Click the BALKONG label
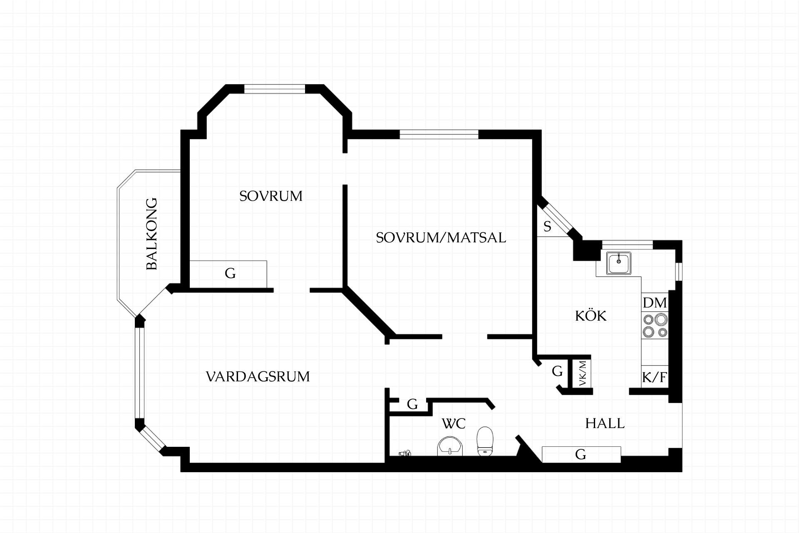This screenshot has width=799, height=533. point(152,234)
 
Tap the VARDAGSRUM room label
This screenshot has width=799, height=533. point(258,376)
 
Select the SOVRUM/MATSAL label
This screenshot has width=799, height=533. point(441,238)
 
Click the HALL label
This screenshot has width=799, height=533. point(605,423)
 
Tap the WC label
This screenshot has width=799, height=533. point(453,423)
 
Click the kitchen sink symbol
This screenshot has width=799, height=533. point(619,263)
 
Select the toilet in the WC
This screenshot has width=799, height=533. point(485,441)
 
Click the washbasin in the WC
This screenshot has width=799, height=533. point(450,446)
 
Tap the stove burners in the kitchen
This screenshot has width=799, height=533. point(655,326)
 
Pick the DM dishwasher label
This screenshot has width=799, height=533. point(655,303)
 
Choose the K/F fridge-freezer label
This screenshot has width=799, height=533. point(655,377)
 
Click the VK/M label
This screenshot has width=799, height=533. point(583,373)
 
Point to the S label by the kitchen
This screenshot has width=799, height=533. point(547,227)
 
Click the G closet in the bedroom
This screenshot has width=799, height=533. point(230,274)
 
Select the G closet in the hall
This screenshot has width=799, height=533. point(581,454)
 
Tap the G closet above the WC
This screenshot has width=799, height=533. point(412,404)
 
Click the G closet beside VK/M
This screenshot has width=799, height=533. point(557,371)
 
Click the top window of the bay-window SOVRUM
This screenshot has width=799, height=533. point(275,89)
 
